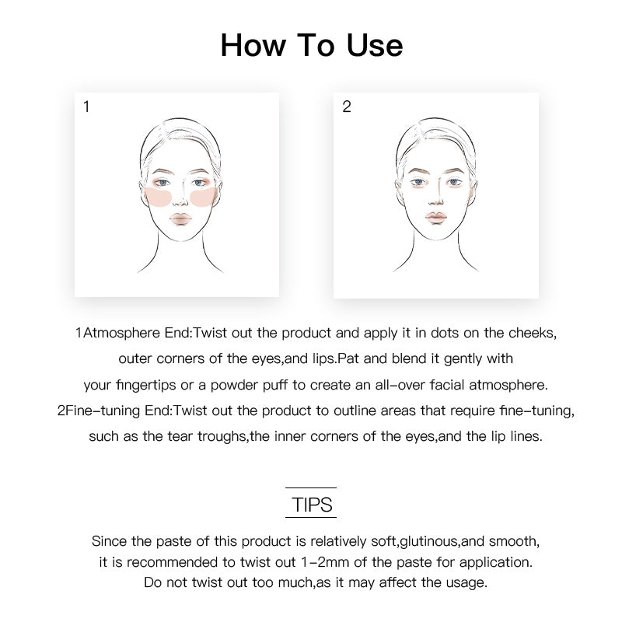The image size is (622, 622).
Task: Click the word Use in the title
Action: coord(375,45)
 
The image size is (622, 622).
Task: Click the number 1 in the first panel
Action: coord(86,107)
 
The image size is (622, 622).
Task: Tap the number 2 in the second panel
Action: coord(347,107)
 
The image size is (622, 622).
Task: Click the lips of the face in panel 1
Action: coord(180,219)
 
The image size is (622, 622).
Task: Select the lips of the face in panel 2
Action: coord(436,218)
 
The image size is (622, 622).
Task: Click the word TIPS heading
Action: coord(312,505)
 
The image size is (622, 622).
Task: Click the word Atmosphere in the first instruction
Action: coord(121,333)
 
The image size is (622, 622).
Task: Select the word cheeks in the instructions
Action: coord(533,333)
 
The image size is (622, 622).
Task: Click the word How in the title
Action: coord(253,45)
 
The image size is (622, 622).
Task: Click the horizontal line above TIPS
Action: coord(311,487)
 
